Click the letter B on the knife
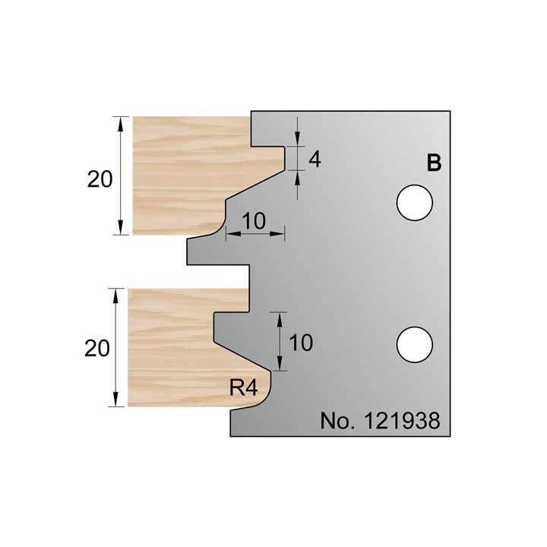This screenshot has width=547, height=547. (x=434, y=163)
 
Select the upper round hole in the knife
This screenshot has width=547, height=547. (x=415, y=202)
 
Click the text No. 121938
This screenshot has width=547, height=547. (x=381, y=420)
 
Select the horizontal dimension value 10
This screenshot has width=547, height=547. (x=255, y=222)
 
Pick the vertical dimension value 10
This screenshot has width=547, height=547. (x=301, y=343)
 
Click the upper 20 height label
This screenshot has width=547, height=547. (x=100, y=179)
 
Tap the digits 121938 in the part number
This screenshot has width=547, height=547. (x=402, y=420)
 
